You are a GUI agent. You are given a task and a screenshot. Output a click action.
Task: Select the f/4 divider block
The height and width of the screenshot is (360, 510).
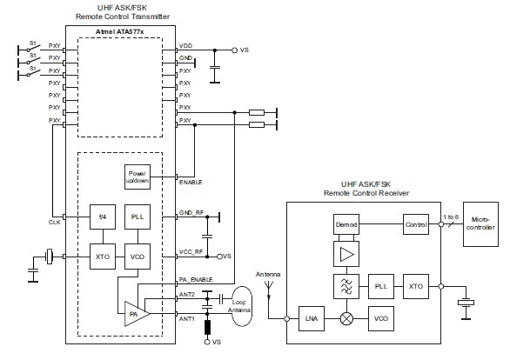point(103,217)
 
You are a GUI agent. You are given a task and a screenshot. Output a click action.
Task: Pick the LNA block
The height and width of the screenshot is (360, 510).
point(311,318)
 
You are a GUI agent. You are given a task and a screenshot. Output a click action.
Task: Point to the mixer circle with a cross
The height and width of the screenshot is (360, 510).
point(346,318)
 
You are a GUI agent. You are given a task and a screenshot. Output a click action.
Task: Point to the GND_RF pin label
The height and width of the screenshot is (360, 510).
point(191,212)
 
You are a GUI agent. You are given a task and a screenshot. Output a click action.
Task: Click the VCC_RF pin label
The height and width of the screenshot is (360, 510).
point(191,251)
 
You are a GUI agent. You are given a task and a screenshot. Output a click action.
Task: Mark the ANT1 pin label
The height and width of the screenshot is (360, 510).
point(186,318)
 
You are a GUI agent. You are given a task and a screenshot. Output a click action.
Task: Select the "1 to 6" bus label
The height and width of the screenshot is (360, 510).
point(451,215)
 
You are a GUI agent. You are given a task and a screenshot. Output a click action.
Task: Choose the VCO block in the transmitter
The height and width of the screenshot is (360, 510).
point(137,257)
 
